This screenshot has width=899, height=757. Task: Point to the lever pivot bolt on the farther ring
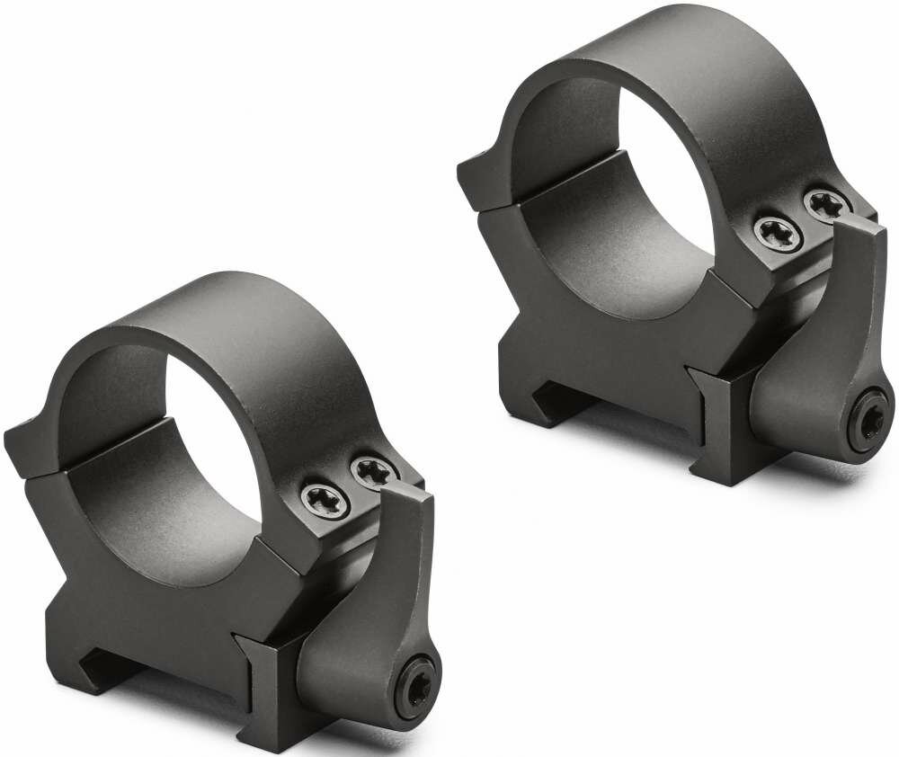click(868, 425)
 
